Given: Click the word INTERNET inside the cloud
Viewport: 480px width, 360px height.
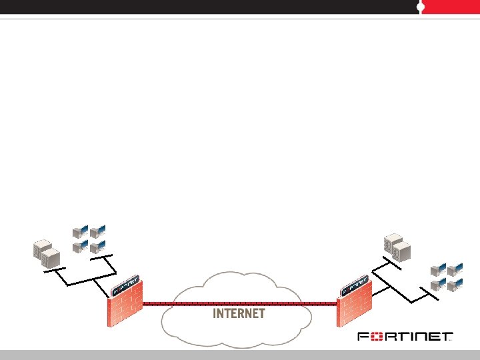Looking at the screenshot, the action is pos(239,313).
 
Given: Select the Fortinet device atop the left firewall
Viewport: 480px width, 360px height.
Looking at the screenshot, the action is pos(127,285).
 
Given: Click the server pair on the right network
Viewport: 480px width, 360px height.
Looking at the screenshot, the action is pos(397,248).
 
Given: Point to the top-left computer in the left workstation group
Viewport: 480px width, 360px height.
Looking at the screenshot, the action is pos(79,233).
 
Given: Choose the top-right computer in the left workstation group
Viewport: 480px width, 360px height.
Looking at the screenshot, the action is pos(98,233).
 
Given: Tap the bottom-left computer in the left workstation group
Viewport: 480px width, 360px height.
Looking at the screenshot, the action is pos(79,247).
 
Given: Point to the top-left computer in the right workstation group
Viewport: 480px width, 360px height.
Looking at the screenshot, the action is pos(437,270).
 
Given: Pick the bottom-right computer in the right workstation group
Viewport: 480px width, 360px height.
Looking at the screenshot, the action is pos(455,285).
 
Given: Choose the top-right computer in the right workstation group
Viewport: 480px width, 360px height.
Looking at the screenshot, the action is pos(455,270).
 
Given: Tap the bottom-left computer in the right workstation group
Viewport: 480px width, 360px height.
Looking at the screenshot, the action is pos(437,285).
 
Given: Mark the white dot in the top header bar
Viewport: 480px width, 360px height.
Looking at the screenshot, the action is pos(421,7).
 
